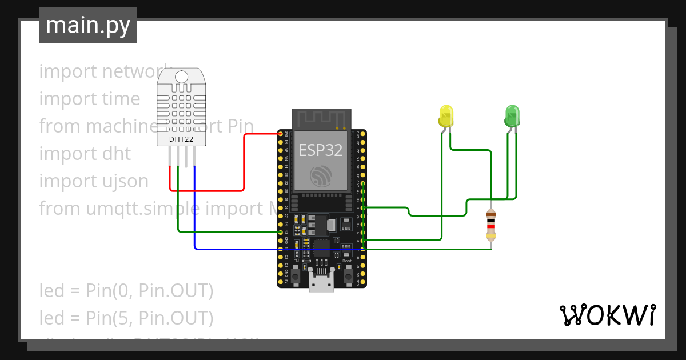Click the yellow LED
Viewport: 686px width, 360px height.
pos(446,116)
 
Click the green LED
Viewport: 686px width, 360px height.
pos(512,116)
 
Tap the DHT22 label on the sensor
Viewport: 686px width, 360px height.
pos(180,139)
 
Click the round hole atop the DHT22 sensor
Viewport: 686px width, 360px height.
pos(181,77)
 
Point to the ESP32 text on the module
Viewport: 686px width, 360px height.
pos(320,150)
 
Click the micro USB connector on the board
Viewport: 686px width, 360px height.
pos(321,281)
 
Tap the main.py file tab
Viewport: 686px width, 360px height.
pos(88,26)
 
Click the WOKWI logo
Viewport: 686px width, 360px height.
pos(607,315)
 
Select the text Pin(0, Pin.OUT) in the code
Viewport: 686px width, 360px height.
pos(150,291)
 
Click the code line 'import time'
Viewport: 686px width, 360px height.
pos(90,99)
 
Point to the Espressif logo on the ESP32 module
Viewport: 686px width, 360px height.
pos(320,176)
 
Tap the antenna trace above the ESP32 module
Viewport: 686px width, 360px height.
pos(320,119)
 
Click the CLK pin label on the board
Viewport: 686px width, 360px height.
pos(358,282)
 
